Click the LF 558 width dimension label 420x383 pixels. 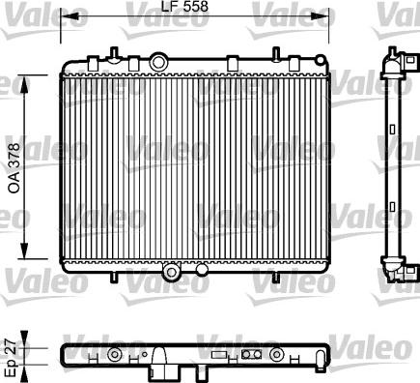point(184,7)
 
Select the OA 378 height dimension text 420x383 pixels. point(14,168)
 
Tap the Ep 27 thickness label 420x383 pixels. point(12,357)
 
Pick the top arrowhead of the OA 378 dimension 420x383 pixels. point(24,84)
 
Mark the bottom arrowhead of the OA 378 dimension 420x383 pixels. point(24,250)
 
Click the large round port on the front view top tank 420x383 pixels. point(157,62)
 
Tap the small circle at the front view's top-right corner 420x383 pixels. point(320,60)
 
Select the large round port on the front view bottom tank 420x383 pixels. point(172,272)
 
